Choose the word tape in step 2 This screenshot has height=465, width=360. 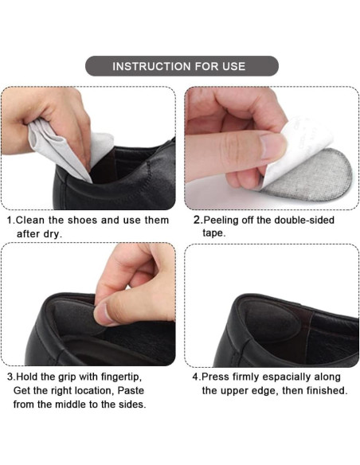(x=213, y=233)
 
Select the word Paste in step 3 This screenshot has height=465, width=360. (x=131, y=390)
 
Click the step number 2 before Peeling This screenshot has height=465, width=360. (x=197, y=220)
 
